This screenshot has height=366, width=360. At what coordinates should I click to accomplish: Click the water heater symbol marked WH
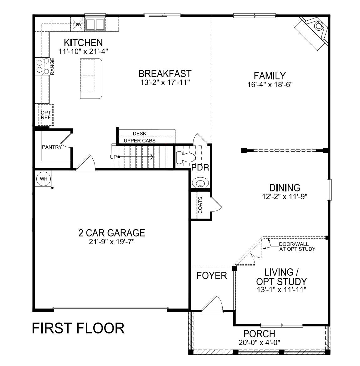(x=44, y=179)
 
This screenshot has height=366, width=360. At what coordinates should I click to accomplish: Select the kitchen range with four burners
(x=43, y=66)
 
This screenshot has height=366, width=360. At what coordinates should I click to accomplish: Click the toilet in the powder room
(x=184, y=156)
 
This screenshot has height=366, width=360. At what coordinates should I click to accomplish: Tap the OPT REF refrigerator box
(x=46, y=115)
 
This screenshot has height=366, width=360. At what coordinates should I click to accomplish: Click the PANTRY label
(x=52, y=147)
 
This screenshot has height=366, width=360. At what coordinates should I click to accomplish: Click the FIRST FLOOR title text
(x=78, y=328)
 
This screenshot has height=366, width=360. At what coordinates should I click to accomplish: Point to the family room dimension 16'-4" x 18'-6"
(x=270, y=84)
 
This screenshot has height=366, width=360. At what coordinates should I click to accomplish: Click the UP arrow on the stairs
(x=135, y=157)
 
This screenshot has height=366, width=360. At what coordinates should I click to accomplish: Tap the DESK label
(x=139, y=134)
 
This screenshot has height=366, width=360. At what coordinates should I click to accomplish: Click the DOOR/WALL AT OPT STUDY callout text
(x=297, y=247)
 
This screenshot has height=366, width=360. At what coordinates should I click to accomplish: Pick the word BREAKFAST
(x=165, y=74)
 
